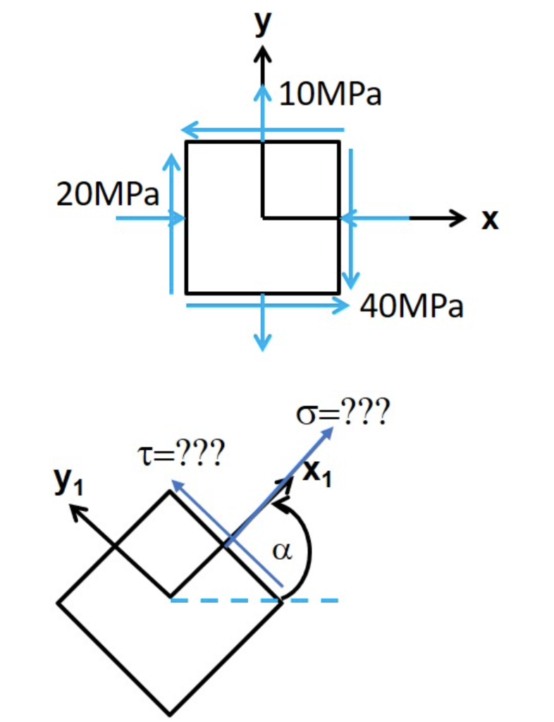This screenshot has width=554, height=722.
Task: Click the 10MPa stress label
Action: [x=331, y=94]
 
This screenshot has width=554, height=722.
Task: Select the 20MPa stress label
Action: [x=108, y=195]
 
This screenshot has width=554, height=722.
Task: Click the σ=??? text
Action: [x=340, y=413]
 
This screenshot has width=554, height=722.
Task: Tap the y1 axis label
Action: [x=68, y=482]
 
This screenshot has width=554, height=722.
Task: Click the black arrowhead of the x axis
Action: [x=458, y=218]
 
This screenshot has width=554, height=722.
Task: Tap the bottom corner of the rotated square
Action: [x=170, y=711]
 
